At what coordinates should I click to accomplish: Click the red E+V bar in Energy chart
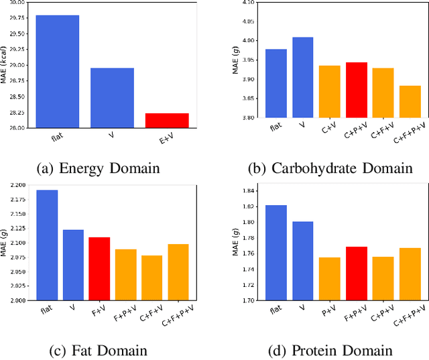(167, 121)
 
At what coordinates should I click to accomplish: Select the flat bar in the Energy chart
(57, 71)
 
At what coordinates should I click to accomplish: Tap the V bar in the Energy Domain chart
(112, 98)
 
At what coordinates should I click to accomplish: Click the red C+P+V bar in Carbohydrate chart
(356, 90)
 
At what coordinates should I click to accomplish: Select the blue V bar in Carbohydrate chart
(303, 77)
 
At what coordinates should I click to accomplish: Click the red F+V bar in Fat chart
(99, 269)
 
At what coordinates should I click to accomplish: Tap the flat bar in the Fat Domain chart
(47, 245)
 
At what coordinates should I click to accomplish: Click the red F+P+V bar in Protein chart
(356, 274)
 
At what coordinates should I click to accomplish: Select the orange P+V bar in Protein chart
(330, 279)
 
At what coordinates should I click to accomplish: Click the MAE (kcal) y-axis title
(5, 64)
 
